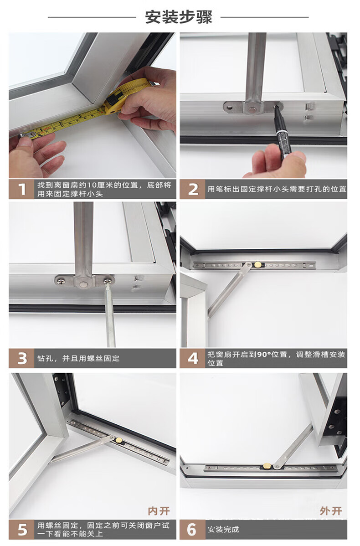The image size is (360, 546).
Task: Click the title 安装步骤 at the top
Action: click(x=178, y=17)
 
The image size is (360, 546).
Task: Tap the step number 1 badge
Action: click(x=21, y=189)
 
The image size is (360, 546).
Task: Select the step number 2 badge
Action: click(x=193, y=189)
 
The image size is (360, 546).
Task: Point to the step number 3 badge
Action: click(x=21, y=358)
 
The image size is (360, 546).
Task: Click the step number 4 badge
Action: click(x=193, y=358)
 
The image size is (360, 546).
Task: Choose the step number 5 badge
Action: click(x=21, y=530)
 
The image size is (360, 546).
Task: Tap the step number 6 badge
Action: click(x=193, y=530)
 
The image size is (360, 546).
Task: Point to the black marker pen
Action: click(x=283, y=132)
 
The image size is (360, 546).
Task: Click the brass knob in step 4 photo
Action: click(x=257, y=265)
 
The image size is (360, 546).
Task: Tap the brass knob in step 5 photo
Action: click(x=119, y=440)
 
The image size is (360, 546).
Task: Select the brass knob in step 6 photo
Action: click(x=267, y=466)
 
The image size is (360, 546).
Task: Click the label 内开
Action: click(x=159, y=511)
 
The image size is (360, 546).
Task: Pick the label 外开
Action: click(x=331, y=511)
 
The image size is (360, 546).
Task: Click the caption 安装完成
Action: click(x=223, y=530)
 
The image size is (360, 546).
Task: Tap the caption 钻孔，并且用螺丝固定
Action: click(x=78, y=358)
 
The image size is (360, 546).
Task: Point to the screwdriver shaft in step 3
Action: click(x=110, y=315)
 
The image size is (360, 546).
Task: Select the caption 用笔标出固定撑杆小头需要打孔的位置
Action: click(x=277, y=189)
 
